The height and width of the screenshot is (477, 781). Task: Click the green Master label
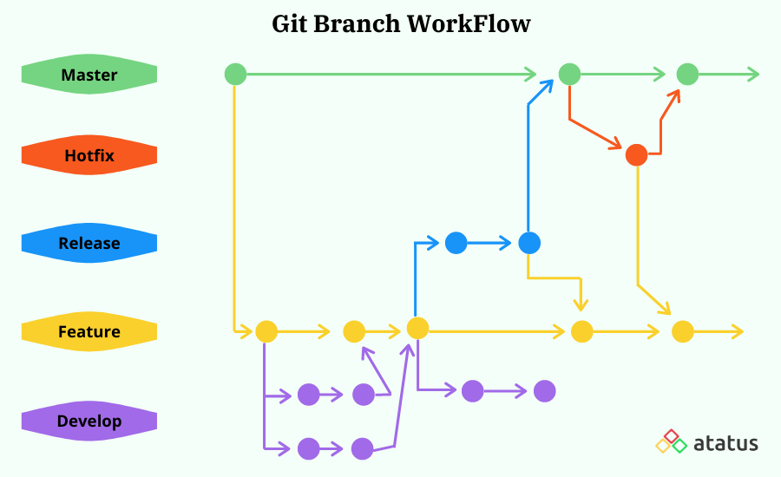89,75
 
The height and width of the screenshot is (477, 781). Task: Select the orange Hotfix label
89,156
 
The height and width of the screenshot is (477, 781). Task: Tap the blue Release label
89,244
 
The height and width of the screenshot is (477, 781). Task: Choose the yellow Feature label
89,331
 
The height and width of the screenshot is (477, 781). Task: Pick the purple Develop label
89,421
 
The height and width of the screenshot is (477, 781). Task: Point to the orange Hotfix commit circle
636,155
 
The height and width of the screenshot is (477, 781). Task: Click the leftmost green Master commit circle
235,75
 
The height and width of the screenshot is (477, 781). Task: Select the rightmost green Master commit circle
687,75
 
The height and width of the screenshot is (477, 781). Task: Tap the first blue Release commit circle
456,243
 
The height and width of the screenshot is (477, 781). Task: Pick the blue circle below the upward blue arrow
529,243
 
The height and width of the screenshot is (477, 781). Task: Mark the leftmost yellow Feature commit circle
266,331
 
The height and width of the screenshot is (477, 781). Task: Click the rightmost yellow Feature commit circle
683,331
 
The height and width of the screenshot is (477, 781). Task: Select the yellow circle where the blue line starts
417,328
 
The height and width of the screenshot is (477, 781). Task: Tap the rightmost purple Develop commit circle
544,391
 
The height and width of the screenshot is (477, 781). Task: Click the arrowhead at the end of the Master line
753,75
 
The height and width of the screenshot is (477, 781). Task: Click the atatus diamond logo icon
671,441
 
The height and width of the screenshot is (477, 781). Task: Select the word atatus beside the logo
725,443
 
